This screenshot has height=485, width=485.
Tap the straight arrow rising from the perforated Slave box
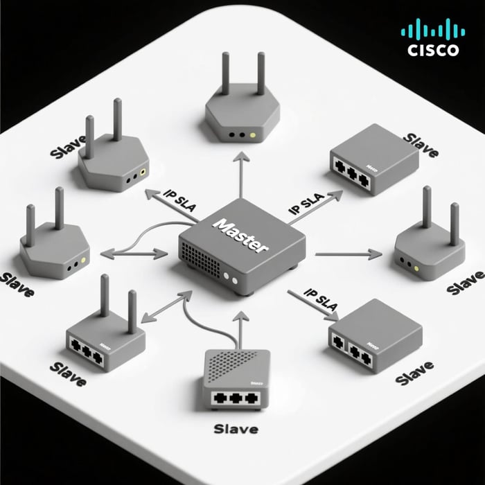(x=240, y=328)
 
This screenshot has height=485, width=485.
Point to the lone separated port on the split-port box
(x=339, y=341)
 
